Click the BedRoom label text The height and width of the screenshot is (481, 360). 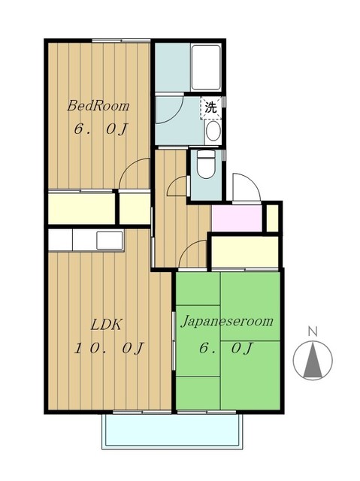98,106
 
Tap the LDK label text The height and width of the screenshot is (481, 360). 107,325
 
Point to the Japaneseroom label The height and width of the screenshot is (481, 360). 227,322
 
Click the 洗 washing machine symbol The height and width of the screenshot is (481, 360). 210,107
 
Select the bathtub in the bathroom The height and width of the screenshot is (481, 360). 206,67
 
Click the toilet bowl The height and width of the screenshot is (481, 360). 206,165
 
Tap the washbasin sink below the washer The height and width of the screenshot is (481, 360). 213,131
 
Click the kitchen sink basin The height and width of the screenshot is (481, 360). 110,240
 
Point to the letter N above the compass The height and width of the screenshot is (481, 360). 313,331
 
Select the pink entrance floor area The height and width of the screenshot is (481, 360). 237,218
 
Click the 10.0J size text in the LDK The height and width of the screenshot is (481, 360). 109,348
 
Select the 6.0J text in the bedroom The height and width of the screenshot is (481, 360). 100,129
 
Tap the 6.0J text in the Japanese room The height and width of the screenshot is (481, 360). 225,348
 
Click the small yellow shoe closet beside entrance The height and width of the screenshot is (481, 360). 272,218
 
